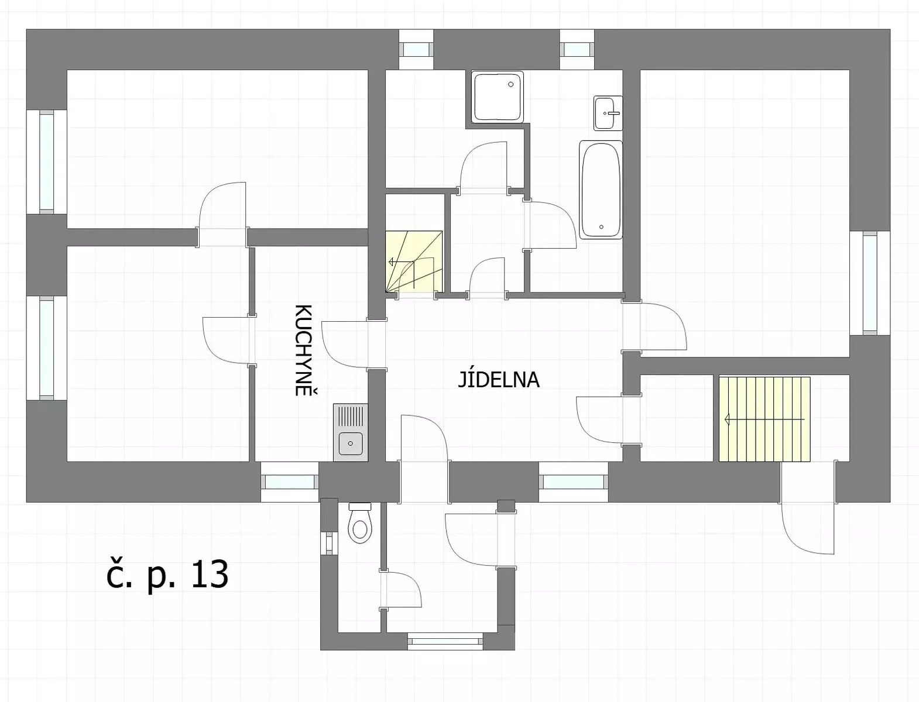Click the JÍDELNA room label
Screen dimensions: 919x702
pos(498,379)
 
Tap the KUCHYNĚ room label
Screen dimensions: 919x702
pos(305,350)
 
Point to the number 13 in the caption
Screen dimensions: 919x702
pos(210,575)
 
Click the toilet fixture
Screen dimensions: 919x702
pos(359,523)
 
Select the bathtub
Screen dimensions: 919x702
pos(601,190)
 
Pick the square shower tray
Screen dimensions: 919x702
pos(498,97)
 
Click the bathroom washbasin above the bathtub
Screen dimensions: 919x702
pos(608,113)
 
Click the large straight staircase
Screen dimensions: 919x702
pos(764,419)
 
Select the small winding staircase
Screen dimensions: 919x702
pos(414,261)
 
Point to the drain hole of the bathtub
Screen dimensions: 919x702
pos(601,227)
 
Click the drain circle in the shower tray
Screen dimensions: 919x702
pos(511,84)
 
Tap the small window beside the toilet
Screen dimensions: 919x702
pos(329,543)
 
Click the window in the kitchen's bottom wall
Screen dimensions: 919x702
pos(290,482)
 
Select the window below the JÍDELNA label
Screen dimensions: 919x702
pos(573,482)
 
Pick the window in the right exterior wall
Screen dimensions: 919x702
pos(870,283)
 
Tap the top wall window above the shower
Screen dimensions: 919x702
pos(416,49)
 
